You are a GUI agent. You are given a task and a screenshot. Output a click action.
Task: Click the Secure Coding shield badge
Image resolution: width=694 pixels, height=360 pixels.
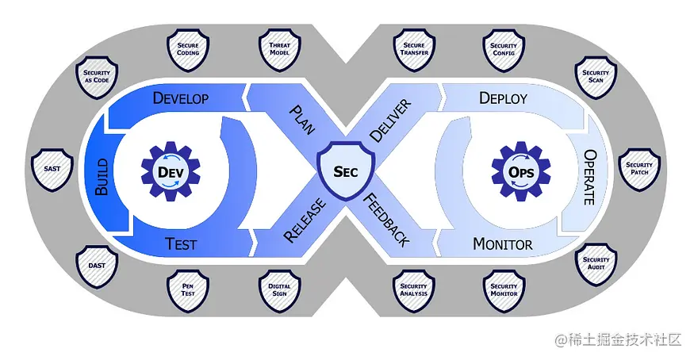[188, 49]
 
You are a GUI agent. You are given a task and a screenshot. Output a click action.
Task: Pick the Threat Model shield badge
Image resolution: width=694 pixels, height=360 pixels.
[279, 49]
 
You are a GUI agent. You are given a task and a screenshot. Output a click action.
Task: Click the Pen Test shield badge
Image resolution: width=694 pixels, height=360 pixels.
[188, 290]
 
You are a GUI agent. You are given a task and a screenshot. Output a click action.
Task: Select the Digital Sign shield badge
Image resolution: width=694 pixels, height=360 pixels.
[279, 290]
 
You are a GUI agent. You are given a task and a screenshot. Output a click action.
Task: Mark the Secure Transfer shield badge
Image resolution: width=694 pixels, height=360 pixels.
[414, 49]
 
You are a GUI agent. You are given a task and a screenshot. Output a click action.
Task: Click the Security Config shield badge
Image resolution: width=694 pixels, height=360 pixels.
[504, 49]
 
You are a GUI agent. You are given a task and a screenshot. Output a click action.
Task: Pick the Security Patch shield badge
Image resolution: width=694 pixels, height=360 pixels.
[639, 169]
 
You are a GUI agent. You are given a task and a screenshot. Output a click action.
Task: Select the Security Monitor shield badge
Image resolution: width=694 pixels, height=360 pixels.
[504, 290]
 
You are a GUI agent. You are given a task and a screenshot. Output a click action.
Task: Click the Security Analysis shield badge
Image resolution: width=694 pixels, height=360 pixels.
[414, 290]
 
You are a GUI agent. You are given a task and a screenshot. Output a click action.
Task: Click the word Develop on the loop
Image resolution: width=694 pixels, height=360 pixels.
[181, 99]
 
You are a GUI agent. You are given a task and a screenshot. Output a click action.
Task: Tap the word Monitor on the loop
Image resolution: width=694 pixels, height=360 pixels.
[502, 244]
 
